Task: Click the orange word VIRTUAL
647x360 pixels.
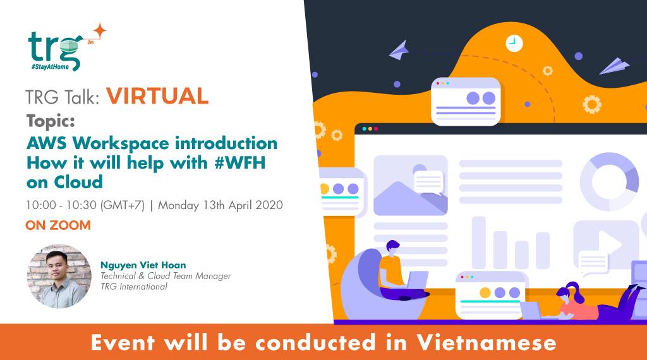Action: click(x=157, y=96)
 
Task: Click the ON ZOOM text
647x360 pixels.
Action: click(x=57, y=225)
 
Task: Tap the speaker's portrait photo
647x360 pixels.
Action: click(x=59, y=276)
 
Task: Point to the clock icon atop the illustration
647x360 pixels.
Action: click(x=514, y=43)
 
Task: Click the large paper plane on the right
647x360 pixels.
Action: click(x=614, y=65)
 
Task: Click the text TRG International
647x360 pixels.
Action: click(x=134, y=287)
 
